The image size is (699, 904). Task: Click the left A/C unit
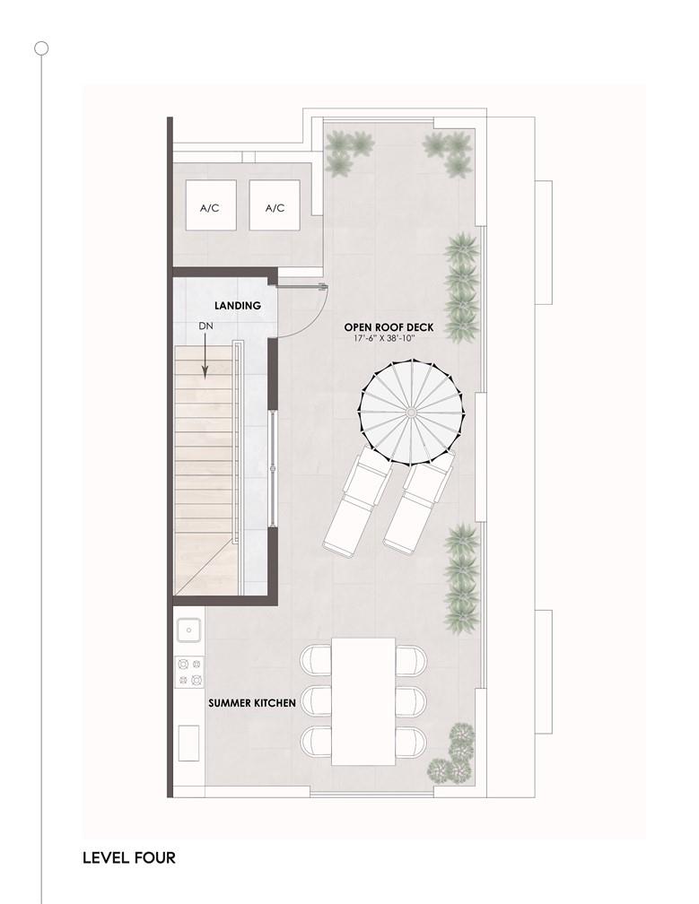pyautogui.click(x=211, y=205)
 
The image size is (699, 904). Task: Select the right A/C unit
pyautogui.click(x=275, y=205)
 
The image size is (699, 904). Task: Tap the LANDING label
pyautogui.click(x=238, y=306)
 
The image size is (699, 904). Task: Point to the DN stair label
pyautogui.click(x=205, y=326)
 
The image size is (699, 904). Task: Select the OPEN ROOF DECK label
pyautogui.click(x=389, y=327)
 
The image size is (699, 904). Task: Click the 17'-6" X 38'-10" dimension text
pyautogui.click(x=385, y=338)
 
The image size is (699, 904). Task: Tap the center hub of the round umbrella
pyautogui.click(x=411, y=412)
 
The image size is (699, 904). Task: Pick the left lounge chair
pyautogui.click(x=357, y=501)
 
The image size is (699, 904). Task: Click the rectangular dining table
pyautogui.click(x=363, y=701)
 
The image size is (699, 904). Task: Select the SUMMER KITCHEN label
pyautogui.click(x=252, y=703)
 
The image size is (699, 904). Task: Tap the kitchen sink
pyautogui.click(x=189, y=630)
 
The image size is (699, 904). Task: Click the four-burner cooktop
pyautogui.click(x=189, y=673)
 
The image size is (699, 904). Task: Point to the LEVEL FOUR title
pyautogui.click(x=129, y=858)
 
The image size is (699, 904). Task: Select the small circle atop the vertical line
pyautogui.click(x=41, y=48)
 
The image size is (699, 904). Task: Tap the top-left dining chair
pyautogui.click(x=316, y=659)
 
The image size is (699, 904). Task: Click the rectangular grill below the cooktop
pyautogui.click(x=188, y=743)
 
